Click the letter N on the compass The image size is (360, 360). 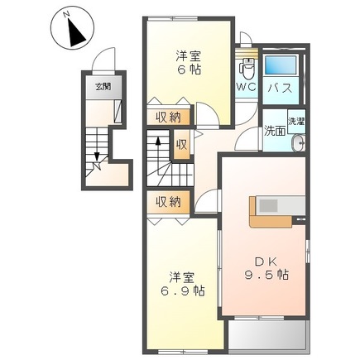point(65,15)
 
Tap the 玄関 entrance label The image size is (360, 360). point(103,87)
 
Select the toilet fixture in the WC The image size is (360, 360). point(247,69)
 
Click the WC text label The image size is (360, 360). point(247,87)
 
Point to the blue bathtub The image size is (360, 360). point(281,65)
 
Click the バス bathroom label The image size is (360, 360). point(281,89)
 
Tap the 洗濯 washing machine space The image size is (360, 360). point(296,122)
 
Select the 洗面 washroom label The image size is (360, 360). point(275,132)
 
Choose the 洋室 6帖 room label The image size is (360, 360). point(189,63)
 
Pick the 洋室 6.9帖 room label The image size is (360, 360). point(183,284)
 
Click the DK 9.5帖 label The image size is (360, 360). point(266,268)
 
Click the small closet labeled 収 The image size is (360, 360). point(182,145)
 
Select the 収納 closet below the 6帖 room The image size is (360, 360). point(169,118)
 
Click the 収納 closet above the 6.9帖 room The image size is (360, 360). point(169,203)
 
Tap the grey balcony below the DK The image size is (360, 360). point(267,334)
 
